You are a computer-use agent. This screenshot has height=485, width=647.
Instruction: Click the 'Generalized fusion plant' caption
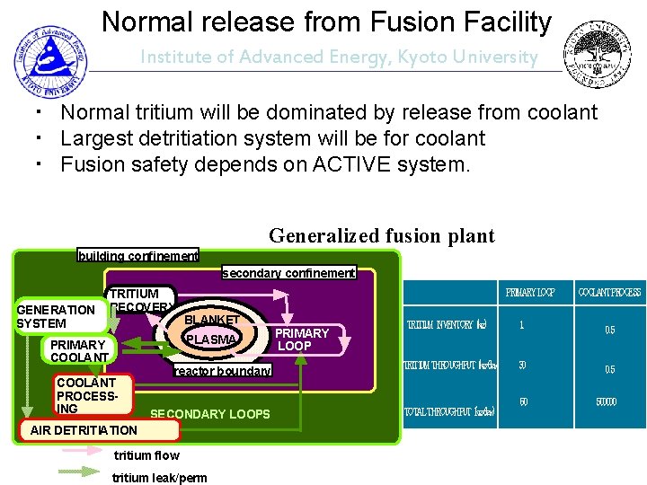381,235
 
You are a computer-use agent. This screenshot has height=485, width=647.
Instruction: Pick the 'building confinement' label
138,256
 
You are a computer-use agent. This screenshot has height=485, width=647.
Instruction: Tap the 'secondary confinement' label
288,272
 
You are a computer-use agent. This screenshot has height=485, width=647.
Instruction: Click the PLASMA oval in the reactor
211,339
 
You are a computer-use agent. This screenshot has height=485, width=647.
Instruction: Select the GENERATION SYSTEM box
56,316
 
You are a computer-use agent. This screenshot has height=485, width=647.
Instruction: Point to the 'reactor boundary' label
221,371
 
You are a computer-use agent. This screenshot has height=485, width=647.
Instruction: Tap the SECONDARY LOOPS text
209,414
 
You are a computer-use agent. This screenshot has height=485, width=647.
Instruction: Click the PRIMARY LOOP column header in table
530,293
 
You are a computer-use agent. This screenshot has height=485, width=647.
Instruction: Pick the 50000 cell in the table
606,401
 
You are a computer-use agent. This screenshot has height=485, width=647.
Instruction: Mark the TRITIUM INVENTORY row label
447,325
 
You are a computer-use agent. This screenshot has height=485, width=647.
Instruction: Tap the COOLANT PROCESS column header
609,293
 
